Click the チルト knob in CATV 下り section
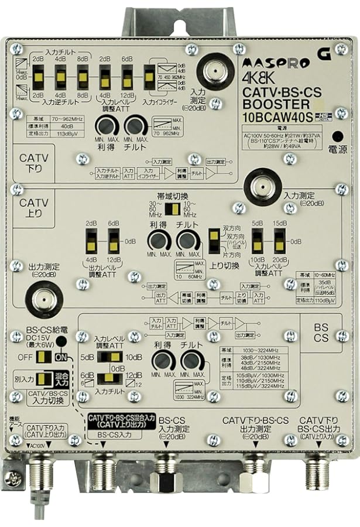pos(135,125)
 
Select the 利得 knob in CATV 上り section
pos(159,241)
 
